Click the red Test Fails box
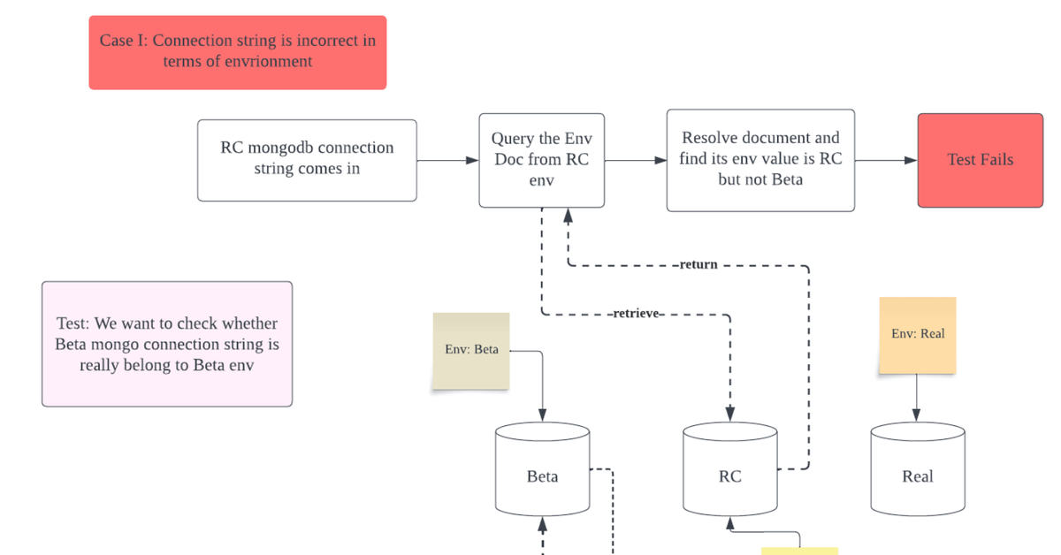click(980, 160)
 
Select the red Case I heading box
click(237, 52)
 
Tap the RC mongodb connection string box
click(307, 160)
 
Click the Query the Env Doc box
click(541, 160)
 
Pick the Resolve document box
click(759, 160)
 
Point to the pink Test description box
click(167, 344)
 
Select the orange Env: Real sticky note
click(917, 335)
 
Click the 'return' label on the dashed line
click(698, 264)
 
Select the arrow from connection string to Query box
click(447, 161)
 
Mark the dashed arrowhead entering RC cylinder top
click(730, 414)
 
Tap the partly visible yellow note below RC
click(799, 550)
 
